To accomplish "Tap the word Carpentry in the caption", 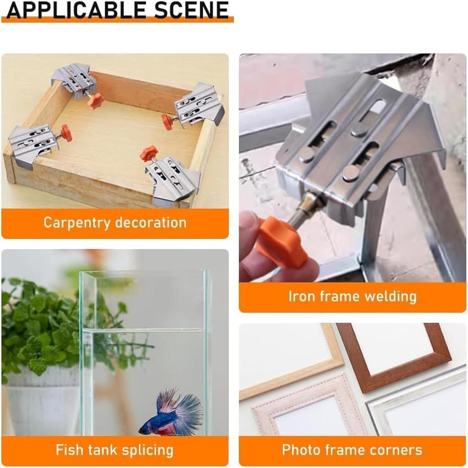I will (77, 223).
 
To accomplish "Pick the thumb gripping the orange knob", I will (249, 229).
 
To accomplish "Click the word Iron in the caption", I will (301, 297).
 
